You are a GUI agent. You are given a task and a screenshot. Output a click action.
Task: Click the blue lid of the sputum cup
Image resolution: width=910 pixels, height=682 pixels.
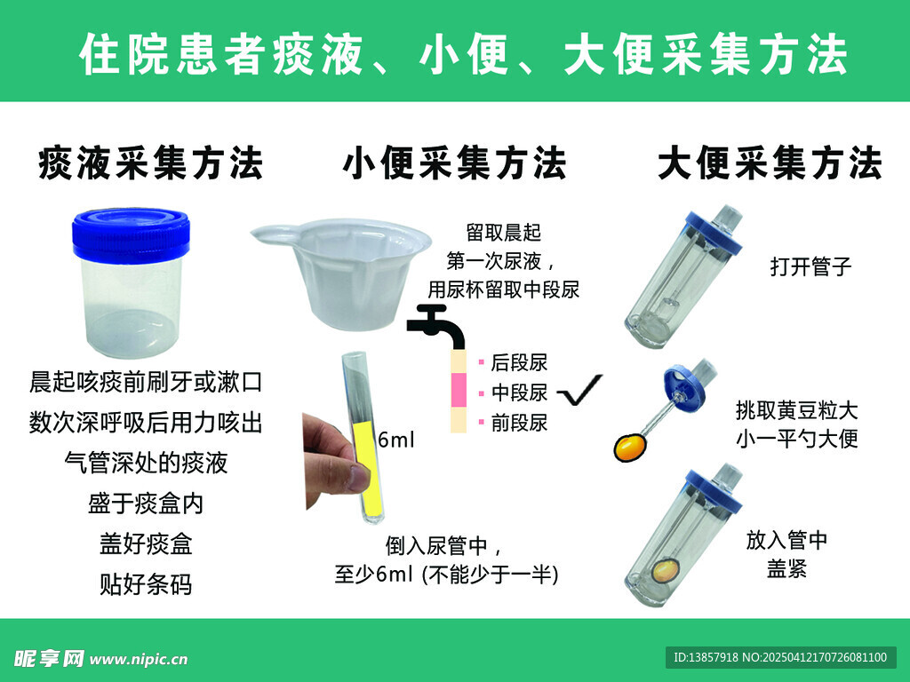[131, 234]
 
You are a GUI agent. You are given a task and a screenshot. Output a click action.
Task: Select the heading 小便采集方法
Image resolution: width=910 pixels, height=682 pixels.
[455, 163]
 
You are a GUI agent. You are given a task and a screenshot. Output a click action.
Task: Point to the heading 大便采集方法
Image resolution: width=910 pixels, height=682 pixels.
[770, 163]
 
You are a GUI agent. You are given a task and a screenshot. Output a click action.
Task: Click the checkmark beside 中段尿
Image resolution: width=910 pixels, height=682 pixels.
[579, 390]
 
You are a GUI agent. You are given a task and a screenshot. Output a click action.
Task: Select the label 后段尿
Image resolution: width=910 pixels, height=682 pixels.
[519, 362]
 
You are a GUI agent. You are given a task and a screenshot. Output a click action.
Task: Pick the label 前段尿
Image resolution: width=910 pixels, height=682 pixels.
[519, 423]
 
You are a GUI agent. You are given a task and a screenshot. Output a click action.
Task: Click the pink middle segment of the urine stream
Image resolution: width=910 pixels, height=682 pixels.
[459, 390]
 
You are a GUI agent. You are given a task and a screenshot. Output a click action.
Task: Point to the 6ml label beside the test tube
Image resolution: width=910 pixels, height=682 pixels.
[395, 440]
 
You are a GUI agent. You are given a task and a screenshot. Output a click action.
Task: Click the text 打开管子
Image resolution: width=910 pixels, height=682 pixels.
[810, 266]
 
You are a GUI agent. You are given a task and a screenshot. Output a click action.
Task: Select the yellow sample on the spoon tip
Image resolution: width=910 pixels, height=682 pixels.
[631, 448]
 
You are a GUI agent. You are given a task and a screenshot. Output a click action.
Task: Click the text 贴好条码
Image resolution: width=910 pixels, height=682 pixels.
[146, 584]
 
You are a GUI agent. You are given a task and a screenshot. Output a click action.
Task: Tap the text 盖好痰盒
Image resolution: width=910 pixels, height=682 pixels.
[146, 543]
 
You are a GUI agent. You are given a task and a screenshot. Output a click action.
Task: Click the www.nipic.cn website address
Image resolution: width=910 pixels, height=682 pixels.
[139, 660]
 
